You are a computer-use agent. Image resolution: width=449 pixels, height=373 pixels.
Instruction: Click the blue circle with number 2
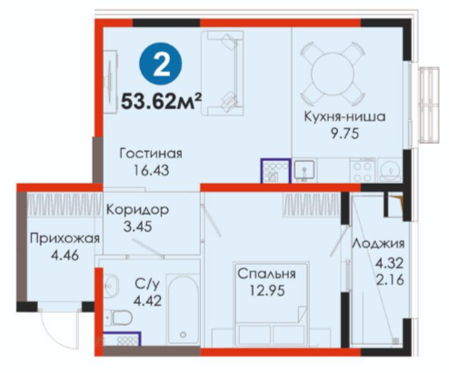tap(161, 64)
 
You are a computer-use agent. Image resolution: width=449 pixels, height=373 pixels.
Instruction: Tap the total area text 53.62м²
tap(162, 101)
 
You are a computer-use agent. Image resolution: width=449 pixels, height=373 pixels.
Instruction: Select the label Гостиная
tap(151, 154)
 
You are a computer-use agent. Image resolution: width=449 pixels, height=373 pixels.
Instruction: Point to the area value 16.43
tap(152, 170)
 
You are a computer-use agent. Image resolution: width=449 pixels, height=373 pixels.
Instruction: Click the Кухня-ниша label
tap(344, 116)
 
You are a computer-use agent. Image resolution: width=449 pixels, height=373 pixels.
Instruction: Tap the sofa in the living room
tap(223, 73)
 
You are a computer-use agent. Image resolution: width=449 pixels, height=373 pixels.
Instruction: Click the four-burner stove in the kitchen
tap(363, 172)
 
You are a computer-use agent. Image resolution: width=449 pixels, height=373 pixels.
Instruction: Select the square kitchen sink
tap(304, 171)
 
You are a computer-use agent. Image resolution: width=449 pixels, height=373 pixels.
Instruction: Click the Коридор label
tap(137, 209)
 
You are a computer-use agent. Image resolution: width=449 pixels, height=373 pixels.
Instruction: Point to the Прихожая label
tap(65, 238)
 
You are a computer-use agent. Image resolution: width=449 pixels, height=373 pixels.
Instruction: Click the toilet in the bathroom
tap(119, 318)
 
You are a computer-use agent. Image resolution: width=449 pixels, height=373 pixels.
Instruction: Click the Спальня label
tap(266, 274)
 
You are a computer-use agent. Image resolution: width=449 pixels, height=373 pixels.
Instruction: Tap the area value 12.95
tap(267, 291)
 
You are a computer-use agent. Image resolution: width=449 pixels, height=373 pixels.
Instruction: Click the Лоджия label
tap(378, 243)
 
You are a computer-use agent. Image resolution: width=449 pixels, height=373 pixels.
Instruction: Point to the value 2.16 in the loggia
tap(390, 279)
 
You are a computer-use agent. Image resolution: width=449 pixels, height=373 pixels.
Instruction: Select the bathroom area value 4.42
tap(148, 301)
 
